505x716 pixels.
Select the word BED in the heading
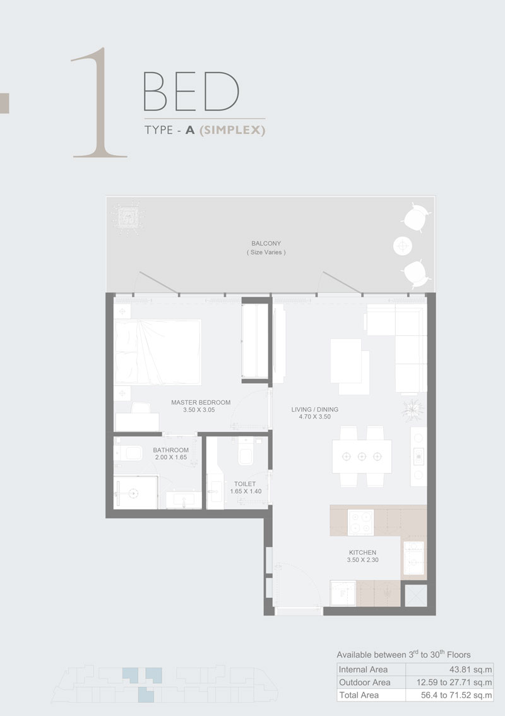[x=191, y=92]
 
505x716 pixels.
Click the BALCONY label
[x=266, y=243]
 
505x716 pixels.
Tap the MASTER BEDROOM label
[x=201, y=402]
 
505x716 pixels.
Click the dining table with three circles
[x=362, y=456]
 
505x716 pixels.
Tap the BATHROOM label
[x=171, y=450]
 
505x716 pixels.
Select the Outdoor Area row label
[x=365, y=683]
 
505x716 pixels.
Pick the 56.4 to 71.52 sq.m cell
[x=455, y=695]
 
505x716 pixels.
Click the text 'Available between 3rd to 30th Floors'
[x=403, y=655]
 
